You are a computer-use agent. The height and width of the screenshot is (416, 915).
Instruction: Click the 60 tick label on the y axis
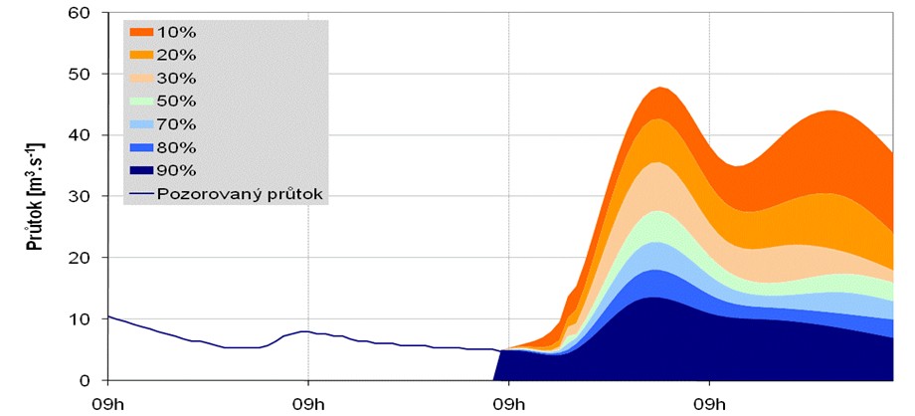[79, 13]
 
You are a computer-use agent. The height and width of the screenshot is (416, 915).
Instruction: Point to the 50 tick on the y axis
[79, 74]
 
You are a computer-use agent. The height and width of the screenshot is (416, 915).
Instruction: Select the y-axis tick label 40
[79, 135]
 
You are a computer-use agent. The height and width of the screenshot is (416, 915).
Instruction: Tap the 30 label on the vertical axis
[79, 197]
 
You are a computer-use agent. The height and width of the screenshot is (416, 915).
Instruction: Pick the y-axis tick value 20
[79, 258]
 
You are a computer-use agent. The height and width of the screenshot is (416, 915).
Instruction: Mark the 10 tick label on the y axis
[79, 319]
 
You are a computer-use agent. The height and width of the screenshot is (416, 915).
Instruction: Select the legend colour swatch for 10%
[141, 33]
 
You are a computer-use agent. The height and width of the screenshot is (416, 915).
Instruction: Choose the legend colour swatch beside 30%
[141, 79]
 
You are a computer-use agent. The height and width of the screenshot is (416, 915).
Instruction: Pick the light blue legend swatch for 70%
[141, 124]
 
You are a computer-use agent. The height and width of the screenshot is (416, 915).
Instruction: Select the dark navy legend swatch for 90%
[141, 170]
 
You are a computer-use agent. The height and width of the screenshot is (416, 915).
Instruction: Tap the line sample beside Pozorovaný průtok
[141, 193]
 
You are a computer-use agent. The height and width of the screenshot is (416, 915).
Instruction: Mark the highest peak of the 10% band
[660, 88]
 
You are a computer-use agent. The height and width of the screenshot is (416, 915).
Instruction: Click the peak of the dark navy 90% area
[651, 298]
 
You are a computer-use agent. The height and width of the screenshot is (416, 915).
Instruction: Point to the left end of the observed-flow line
[108, 316]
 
